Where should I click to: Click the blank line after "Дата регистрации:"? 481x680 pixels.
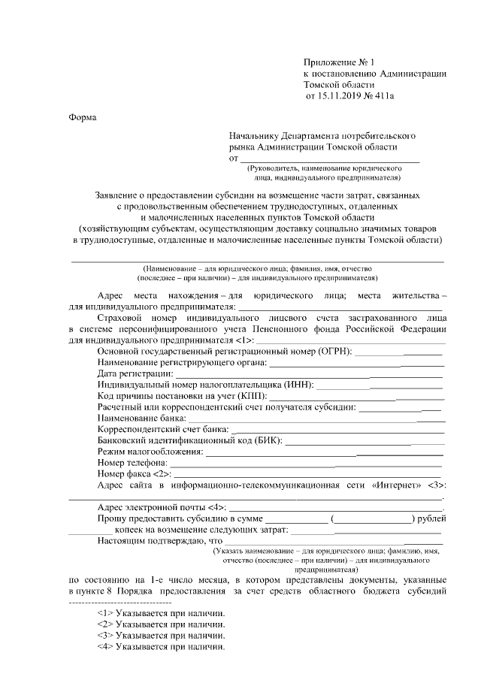click(309, 373)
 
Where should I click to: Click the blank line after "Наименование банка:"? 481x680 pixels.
click(316, 418)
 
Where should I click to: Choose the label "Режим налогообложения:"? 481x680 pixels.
click(150, 452)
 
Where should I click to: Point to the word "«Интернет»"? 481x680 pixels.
click(395, 485)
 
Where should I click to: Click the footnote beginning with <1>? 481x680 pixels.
click(162, 612)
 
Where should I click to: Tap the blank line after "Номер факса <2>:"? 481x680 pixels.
click(309, 474)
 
